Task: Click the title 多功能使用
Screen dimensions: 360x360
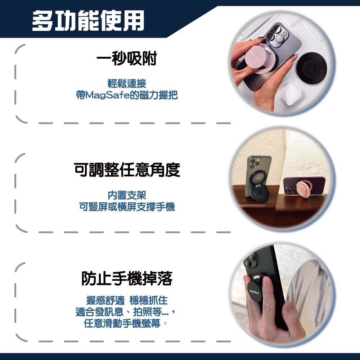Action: tap(88, 21)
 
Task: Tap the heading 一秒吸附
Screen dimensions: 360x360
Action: tap(127, 58)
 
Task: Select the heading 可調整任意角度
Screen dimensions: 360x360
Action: tap(127, 170)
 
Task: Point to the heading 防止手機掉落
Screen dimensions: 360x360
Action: tap(127, 278)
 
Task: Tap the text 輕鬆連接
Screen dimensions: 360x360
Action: tap(127, 84)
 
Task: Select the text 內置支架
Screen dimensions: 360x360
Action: tap(127, 195)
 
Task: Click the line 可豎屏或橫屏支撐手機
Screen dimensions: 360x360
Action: tap(127, 207)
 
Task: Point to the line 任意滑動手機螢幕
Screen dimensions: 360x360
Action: tap(122, 323)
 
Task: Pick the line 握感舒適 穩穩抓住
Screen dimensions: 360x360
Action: tap(127, 300)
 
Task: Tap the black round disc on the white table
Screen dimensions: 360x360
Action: tap(311, 68)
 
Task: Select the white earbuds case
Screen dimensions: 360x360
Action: tap(291, 94)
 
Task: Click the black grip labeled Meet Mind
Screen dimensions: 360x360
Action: tap(255, 291)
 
